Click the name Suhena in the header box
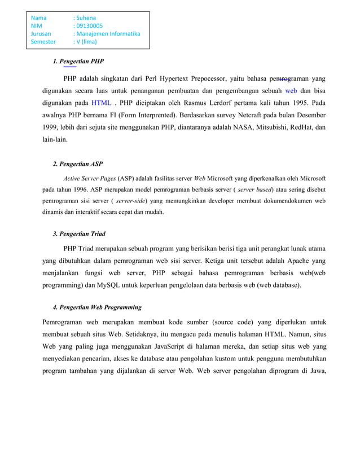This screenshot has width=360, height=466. point(86,17)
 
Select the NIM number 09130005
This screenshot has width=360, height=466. point(88,25)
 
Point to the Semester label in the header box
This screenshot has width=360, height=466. point(43,41)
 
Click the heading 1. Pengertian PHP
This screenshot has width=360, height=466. point(78,61)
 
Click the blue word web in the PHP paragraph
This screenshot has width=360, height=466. point(291,90)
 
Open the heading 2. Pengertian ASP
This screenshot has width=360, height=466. point(77,164)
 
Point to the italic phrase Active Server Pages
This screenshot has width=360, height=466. point(89,179)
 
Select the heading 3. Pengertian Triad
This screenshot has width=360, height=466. point(78,234)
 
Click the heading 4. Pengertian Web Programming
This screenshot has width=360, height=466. point(97,307)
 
